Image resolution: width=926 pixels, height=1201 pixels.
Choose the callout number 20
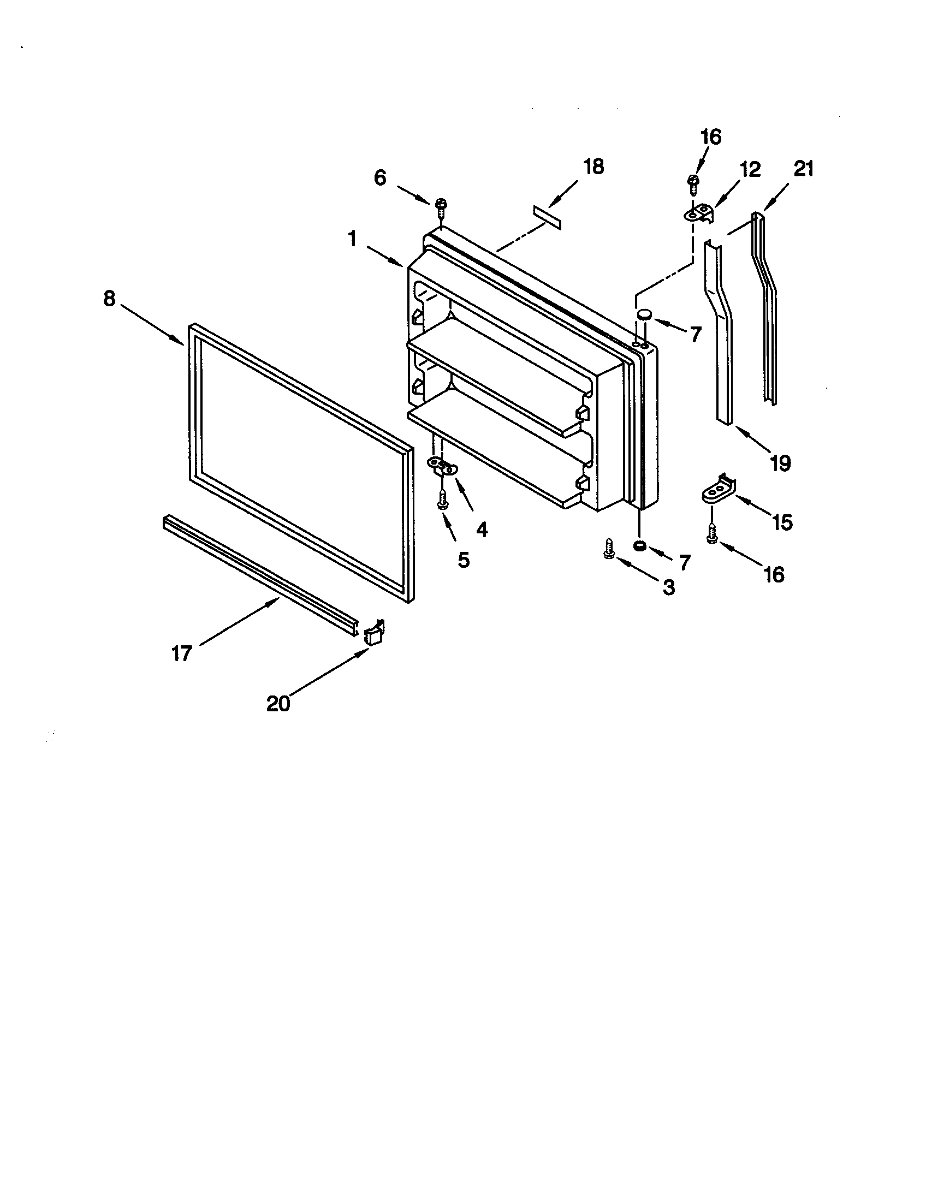click(278, 703)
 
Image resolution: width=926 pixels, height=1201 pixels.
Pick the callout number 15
click(782, 522)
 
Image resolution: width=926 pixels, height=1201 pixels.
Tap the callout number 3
click(668, 587)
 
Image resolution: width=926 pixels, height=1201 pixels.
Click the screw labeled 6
click(440, 207)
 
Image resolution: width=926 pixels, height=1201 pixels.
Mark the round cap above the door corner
click(644, 314)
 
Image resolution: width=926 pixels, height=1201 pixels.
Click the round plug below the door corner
click(639, 546)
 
